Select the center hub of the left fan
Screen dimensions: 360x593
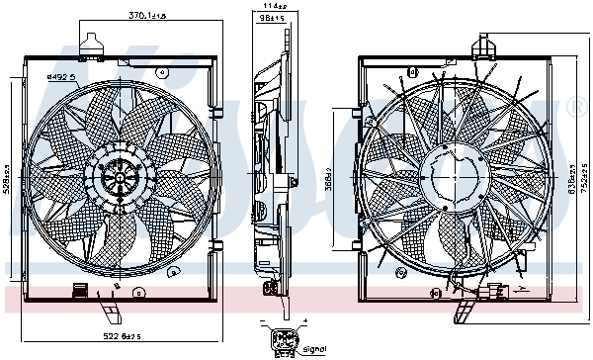point(120,178)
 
